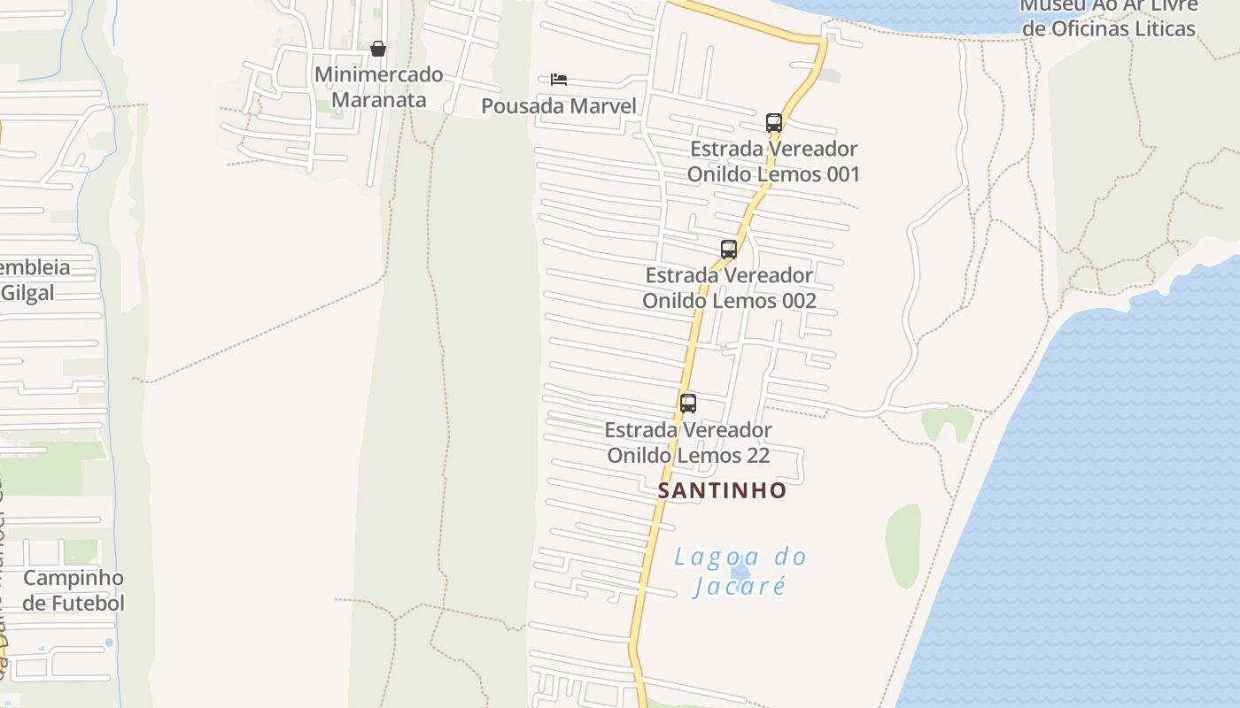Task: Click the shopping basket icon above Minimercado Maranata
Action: click(378, 48)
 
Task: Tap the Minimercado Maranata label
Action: click(378, 87)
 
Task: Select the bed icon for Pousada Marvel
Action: click(558, 80)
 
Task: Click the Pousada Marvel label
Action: click(558, 106)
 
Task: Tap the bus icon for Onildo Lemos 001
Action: click(773, 123)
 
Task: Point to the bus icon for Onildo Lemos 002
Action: click(729, 250)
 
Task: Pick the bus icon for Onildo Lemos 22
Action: click(688, 404)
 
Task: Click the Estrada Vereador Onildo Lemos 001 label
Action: click(773, 161)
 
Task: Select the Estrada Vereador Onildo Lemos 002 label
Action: click(729, 288)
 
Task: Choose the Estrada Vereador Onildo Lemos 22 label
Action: click(688, 442)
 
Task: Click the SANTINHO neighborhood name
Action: click(722, 490)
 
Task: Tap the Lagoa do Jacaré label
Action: click(740, 571)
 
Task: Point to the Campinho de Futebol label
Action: click(74, 590)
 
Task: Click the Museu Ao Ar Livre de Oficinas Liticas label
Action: click(1108, 17)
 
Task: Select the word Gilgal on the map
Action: click(28, 293)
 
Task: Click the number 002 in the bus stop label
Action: click(798, 301)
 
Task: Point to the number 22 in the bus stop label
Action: click(756, 456)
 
